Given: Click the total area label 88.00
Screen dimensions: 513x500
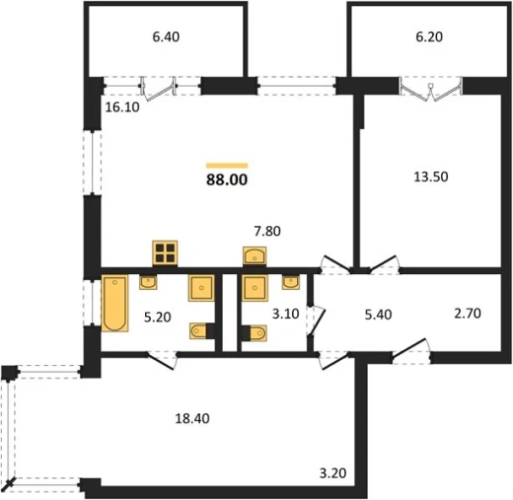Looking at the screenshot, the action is point(227,179).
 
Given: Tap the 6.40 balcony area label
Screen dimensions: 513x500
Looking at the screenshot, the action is point(166,36).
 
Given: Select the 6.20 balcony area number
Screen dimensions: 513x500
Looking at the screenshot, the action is point(429,36).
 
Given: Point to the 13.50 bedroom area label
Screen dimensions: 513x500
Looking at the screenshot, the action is point(431,177).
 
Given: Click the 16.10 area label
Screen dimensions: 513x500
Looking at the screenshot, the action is point(122,107).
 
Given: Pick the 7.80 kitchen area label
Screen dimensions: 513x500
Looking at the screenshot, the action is point(267,231).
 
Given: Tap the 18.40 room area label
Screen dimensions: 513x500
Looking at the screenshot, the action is point(192,419).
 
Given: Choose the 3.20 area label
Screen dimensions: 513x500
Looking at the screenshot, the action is point(333,473).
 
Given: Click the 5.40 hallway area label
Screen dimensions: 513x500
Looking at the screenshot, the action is point(379,315).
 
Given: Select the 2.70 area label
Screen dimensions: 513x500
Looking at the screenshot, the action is point(468,314).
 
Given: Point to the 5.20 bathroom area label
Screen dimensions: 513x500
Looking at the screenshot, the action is point(158,318).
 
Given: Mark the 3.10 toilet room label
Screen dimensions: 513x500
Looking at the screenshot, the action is point(285,314).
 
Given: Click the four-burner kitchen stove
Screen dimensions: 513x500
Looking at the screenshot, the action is point(165,252).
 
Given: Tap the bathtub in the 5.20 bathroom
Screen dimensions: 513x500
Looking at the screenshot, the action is point(114,303).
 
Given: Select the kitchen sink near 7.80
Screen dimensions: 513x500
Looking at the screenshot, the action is point(255,255).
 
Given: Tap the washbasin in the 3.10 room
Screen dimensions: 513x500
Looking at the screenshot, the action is point(291,282).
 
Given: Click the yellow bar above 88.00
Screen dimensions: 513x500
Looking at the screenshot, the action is point(227,166).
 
